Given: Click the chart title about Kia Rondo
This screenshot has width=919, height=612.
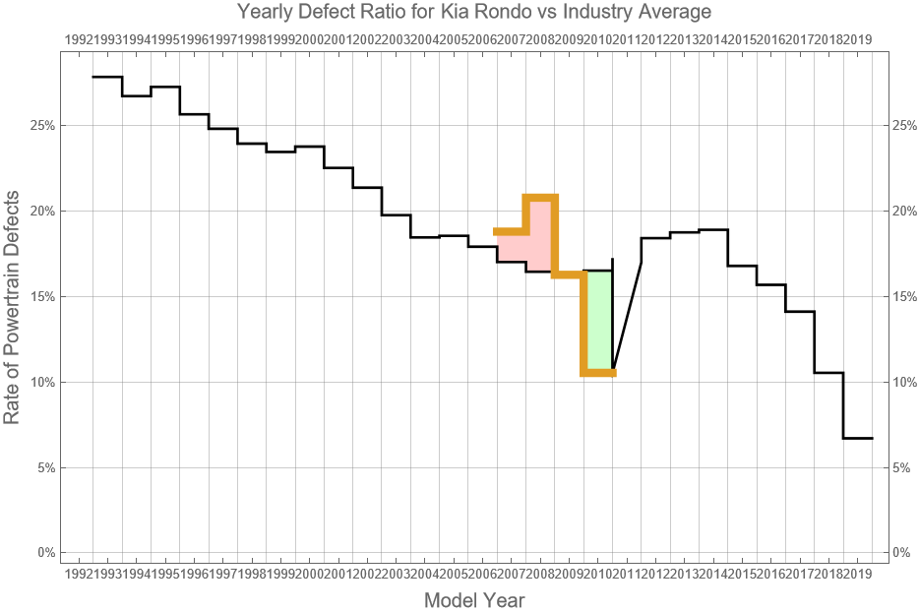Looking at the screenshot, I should pos(473,12).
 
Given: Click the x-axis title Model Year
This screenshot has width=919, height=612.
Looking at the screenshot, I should pos(473,599).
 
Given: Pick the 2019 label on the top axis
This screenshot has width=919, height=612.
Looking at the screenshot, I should pos(857,39).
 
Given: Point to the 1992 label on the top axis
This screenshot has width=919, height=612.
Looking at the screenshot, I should pos(79,39).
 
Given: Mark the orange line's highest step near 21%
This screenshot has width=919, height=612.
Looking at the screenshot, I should pos(540,197).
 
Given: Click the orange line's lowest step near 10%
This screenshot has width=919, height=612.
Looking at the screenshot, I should pos(598,373).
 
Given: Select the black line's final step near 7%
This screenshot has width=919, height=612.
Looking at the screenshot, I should pos(858,438).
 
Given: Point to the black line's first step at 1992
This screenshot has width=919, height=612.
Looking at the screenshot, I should pos(107,77).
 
